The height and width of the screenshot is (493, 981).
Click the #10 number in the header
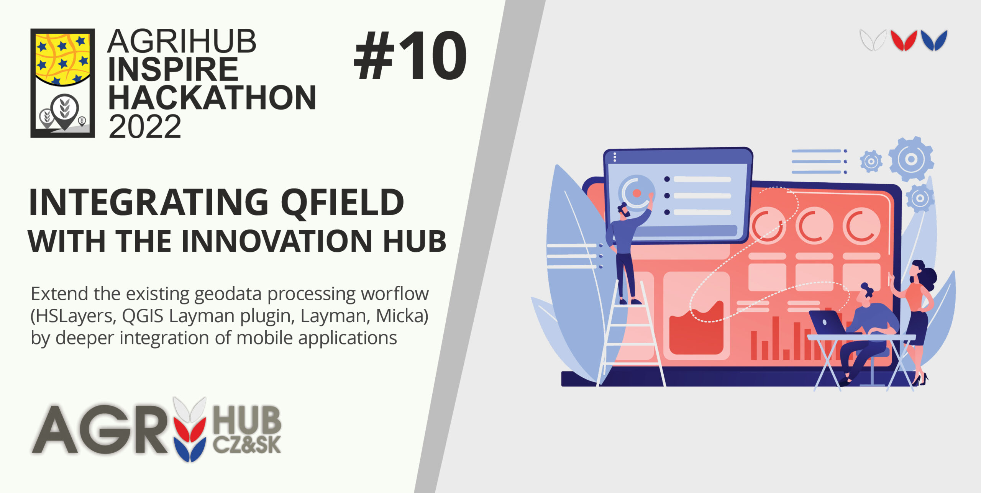(x=410, y=56)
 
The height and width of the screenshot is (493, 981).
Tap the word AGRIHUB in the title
(x=182, y=41)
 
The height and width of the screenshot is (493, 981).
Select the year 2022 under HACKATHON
(x=145, y=126)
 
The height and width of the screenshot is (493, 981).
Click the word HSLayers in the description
(x=75, y=316)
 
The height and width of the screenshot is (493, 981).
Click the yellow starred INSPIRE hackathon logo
(x=62, y=83)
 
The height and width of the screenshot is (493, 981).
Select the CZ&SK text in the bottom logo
(x=247, y=444)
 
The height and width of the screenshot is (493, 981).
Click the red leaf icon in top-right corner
(x=904, y=40)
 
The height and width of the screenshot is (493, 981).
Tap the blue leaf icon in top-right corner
(x=934, y=40)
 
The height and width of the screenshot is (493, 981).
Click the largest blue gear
(x=911, y=159)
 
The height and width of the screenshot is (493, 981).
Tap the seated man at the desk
(x=868, y=333)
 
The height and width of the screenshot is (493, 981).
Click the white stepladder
(x=630, y=333)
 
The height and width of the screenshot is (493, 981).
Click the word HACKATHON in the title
(x=212, y=98)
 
